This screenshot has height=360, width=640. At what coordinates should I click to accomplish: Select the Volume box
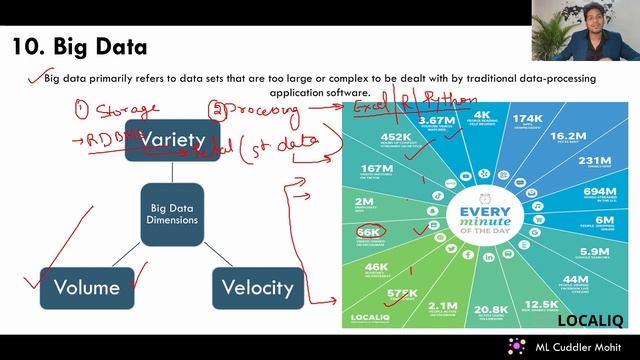tap(86, 288)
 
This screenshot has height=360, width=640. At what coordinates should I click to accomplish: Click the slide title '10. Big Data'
tap(79, 46)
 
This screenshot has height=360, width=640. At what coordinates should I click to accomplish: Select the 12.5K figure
tap(541, 304)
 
